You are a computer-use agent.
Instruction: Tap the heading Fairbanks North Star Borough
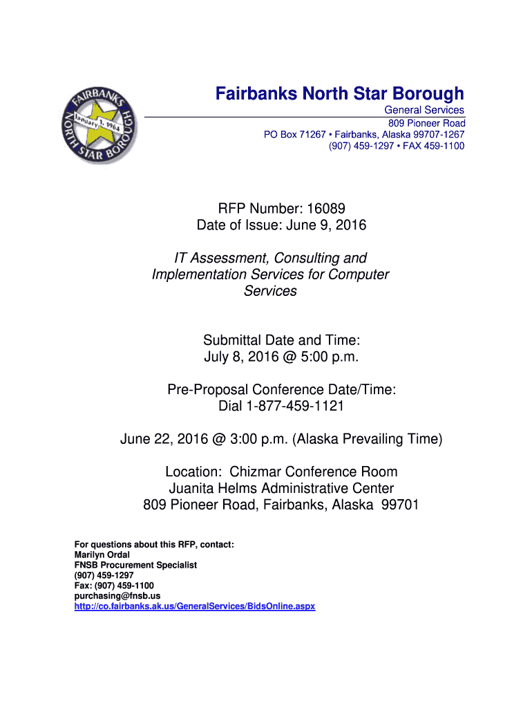click(x=339, y=93)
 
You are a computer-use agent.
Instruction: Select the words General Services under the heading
click(x=424, y=111)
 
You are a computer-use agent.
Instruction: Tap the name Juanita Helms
click(x=211, y=489)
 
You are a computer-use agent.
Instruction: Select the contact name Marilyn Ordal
click(x=102, y=555)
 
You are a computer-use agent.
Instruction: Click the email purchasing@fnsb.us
click(x=117, y=595)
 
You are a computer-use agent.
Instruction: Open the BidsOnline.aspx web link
click(x=194, y=606)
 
